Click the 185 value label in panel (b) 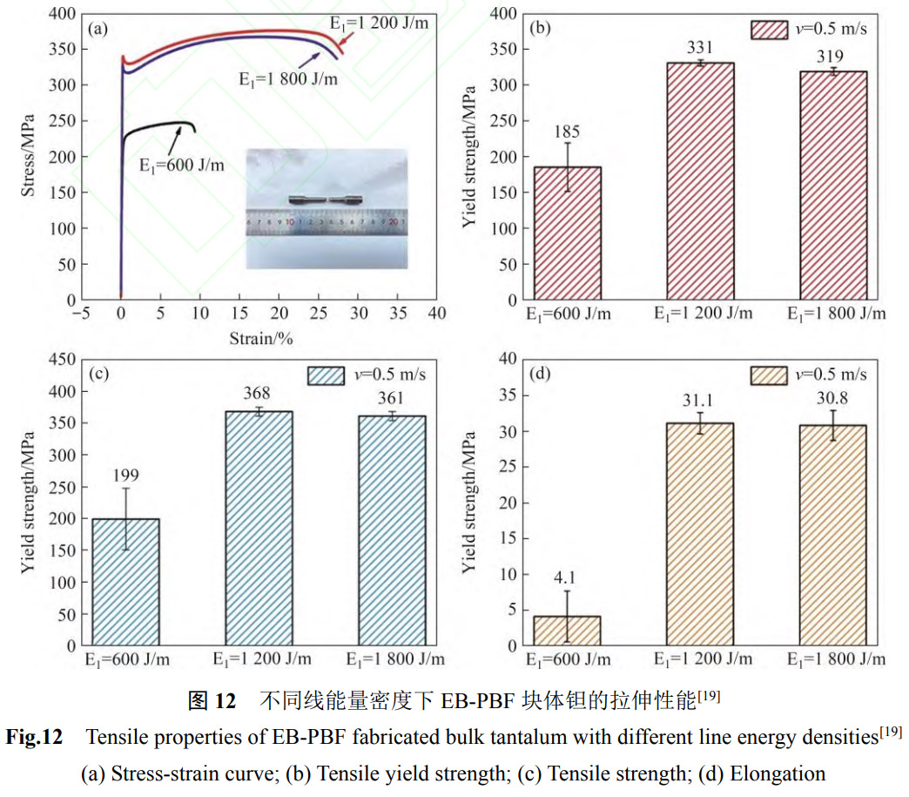pyautogui.click(x=567, y=132)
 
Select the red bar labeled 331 pyautogui.click(x=700, y=181)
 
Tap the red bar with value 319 pyautogui.click(x=833, y=186)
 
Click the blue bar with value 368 pyautogui.click(x=259, y=528)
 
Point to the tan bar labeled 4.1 pyautogui.click(x=567, y=631)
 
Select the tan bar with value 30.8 pyautogui.click(x=833, y=535)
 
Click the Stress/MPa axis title pyautogui.click(x=30, y=155)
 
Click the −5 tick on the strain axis pyautogui.click(x=81, y=313)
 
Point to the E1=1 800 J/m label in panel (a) pyautogui.click(x=288, y=78)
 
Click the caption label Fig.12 pyautogui.click(x=34, y=738)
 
